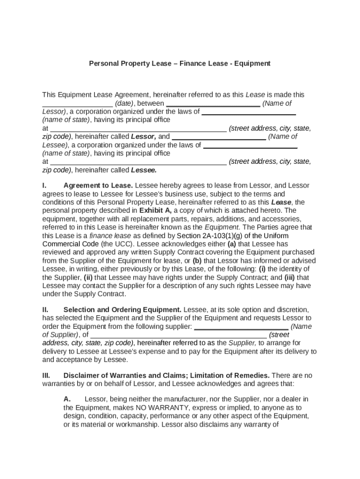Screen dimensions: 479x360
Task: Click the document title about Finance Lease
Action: (180, 63)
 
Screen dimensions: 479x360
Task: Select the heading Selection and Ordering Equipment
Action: (122, 310)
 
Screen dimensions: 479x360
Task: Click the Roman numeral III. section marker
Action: (46, 376)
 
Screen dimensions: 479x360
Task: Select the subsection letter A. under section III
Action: (67, 399)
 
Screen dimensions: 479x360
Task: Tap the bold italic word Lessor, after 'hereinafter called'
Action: (144, 137)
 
